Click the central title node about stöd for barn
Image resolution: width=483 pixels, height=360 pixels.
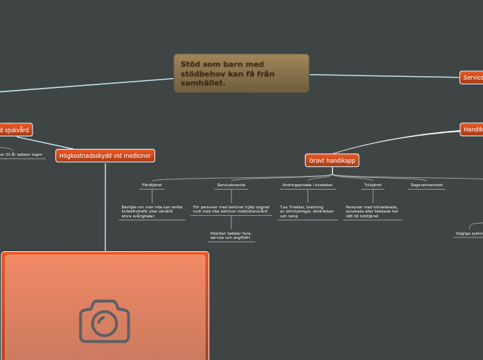point(240,73)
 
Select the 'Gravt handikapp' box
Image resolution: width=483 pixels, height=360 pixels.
point(332,161)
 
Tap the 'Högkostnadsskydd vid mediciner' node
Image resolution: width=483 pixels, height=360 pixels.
point(105,156)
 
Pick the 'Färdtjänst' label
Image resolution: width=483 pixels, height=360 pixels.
point(152,186)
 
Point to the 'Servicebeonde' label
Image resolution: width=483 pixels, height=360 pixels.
point(231,186)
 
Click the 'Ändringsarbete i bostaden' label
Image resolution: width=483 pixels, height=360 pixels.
point(307,186)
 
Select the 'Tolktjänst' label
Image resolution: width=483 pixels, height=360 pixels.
point(373,186)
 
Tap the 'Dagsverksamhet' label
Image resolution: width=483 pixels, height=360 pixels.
point(426,186)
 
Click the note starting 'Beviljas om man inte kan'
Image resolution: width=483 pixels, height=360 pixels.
point(152,211)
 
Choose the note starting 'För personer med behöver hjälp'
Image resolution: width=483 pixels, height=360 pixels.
point(231,208)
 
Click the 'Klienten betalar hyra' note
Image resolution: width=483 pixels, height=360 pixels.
point(231,235)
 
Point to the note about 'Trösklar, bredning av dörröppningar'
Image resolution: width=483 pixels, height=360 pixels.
point(307,211)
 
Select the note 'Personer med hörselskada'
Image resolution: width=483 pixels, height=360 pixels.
point(373,211)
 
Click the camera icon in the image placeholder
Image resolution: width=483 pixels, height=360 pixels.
point(105,321)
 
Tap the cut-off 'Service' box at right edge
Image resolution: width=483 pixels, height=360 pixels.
point(472,78)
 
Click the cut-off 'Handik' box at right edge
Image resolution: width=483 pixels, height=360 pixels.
point(472,129)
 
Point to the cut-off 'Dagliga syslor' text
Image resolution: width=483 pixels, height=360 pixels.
point(468,234)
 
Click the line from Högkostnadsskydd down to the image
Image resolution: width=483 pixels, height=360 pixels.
point(105,208)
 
